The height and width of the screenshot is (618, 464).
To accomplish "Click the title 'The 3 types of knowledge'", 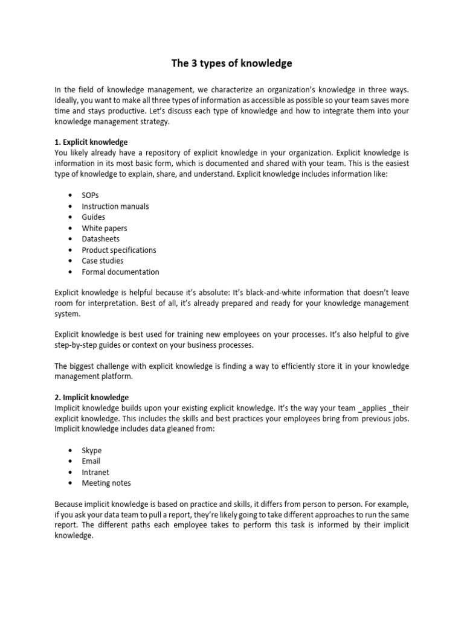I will point(232,63).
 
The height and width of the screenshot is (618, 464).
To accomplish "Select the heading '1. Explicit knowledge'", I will point(91,142).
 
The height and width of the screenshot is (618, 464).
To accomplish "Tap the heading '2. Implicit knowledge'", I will point(92,397).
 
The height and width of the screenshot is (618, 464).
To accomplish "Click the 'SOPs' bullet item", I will point(91,195).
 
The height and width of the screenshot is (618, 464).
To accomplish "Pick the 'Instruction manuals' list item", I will point(115,206).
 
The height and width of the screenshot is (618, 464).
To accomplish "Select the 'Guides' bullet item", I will point(94,217).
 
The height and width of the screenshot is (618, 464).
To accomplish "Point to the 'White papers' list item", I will point(105,228).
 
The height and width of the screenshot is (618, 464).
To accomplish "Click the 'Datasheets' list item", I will point(101,239).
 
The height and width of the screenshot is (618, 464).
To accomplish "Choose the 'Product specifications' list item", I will point(119,250).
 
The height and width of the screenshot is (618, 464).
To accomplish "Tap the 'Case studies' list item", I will point(103,261).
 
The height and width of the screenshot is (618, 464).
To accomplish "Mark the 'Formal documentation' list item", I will point(121,272).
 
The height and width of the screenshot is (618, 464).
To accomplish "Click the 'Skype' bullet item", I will point(92,450).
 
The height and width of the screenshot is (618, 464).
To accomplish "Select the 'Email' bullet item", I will point(91,461).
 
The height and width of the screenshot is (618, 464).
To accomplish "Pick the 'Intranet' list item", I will point(95,472).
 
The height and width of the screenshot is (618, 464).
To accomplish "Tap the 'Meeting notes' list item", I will point(106,483).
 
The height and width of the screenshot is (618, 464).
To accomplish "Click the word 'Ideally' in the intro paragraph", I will point(68,100).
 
